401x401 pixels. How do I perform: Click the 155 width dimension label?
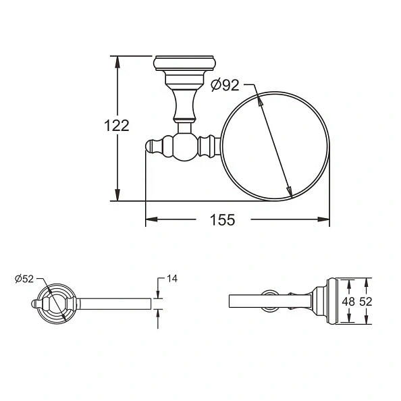(222, 219)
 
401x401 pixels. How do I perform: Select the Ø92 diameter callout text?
(225, 85)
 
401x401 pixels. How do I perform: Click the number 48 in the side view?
(347, 302)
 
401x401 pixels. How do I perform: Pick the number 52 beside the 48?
(366, 302)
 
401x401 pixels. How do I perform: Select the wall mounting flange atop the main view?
(184, 63)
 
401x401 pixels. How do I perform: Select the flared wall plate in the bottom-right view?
(329, 301)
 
